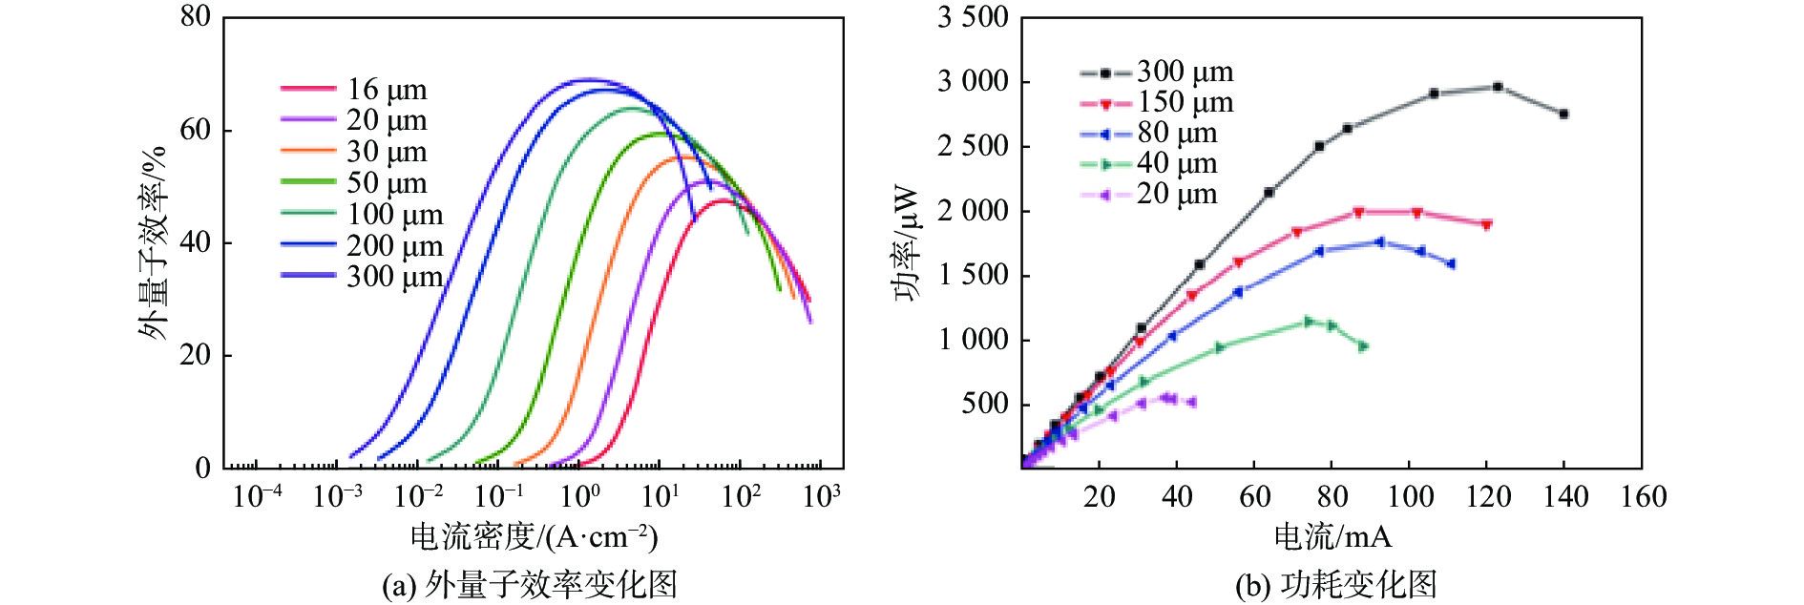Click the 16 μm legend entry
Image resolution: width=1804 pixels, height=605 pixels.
pyautogui.click(x=354, y=89)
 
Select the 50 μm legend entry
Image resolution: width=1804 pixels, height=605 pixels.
pyautogui.click(x=354, y=182)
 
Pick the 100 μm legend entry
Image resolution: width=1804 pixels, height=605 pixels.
pyautogui.click(x=362, y=214)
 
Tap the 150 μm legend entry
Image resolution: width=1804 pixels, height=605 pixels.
pyautogui.click(x=1157, y=102)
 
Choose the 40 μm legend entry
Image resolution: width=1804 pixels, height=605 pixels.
pyautogui.click(x=1149, y=163)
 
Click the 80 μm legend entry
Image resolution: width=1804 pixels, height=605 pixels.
pyautogui.click(x=1149, y=133)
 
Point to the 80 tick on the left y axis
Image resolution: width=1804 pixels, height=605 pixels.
pyautogui.click(x=196, y=16)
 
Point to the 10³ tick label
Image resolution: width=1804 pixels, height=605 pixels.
pyautogui.click(x=822, y=494)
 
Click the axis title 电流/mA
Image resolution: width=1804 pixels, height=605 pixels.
pyautogui.click(x=1332, y=536)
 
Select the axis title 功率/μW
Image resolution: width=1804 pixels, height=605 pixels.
pyautogui.click(x=908, y=242)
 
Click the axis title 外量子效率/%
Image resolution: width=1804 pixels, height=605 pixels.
pyautogui.click(x=153, y=242)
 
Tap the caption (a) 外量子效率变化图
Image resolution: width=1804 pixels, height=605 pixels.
pyautogui.click(x=530, y=584)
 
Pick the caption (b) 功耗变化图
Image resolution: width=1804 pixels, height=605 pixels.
pyautogui.click(x=1336, y=584)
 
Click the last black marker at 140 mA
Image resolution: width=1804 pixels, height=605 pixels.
pyautogui.click(x=1563, y=114)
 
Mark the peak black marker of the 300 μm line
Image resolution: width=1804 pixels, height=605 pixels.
pyautogui.click(x=1498, y=87)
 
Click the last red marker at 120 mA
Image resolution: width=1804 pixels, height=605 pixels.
pyautogui.click(x=1486, y=225)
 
